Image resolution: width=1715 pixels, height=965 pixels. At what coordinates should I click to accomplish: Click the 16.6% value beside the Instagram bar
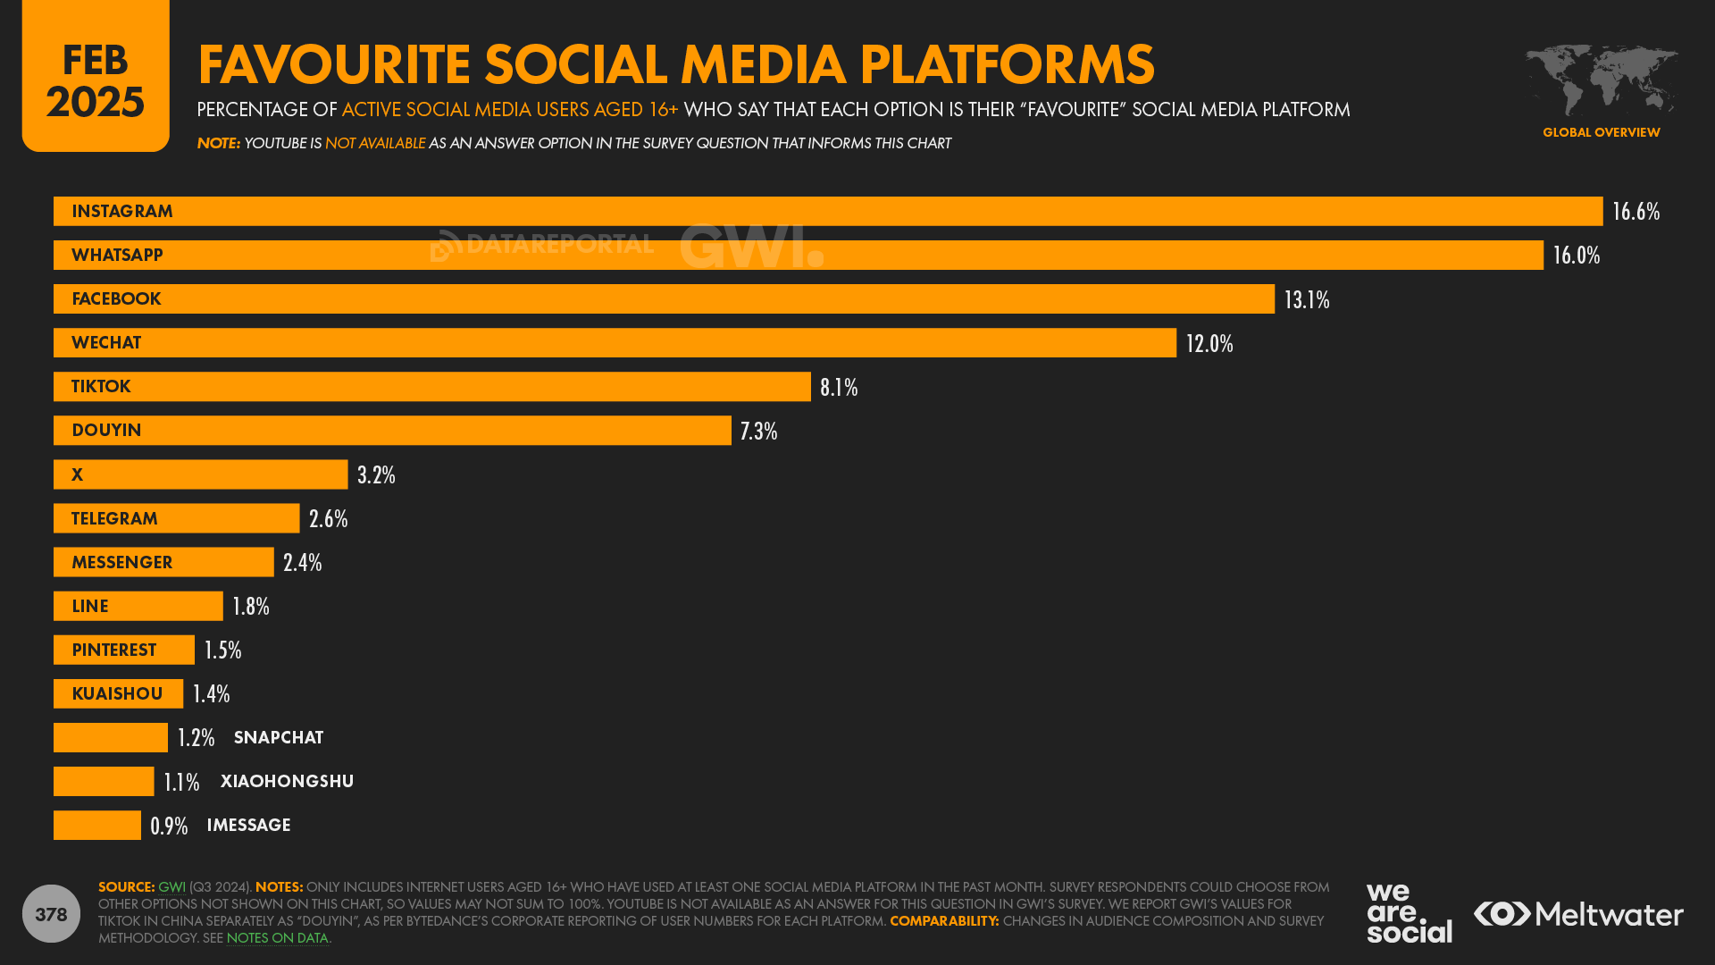[1636, 212]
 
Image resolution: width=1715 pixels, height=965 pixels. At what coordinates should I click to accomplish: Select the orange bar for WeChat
[615, 343]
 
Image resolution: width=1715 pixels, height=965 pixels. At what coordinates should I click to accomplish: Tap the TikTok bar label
[101, 387]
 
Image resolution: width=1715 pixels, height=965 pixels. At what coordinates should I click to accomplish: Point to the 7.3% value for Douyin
[758, 432]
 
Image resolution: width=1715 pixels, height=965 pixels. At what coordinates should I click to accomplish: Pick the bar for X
[200, 474]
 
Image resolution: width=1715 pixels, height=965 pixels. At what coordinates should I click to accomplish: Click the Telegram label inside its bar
[114, 519]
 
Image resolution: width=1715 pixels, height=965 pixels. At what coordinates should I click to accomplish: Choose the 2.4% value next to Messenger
[302, 563]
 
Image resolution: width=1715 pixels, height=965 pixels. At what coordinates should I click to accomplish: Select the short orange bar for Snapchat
[110, 738]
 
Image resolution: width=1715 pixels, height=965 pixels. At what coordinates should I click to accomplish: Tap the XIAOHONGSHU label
[287, 782]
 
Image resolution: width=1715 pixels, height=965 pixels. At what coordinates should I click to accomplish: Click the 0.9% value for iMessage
[169, 827]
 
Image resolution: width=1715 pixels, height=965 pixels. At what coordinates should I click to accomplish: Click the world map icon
[1601, 80]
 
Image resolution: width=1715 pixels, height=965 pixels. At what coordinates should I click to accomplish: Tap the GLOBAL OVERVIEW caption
[1601, 132]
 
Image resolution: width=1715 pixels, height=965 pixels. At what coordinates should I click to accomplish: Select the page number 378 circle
[51, 914]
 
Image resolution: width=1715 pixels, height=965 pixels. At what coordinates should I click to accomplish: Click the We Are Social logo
[1409, 913]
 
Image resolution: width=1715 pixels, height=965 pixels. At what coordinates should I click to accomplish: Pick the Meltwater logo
[1578, 914]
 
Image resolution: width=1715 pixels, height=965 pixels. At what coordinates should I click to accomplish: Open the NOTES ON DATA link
[277, 938]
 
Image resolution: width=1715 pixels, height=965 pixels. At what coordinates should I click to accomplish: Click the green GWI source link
[171, 887]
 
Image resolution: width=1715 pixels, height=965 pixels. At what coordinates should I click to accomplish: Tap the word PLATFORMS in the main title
[1007, 64]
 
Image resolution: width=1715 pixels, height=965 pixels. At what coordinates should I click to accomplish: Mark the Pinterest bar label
[113, 650]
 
